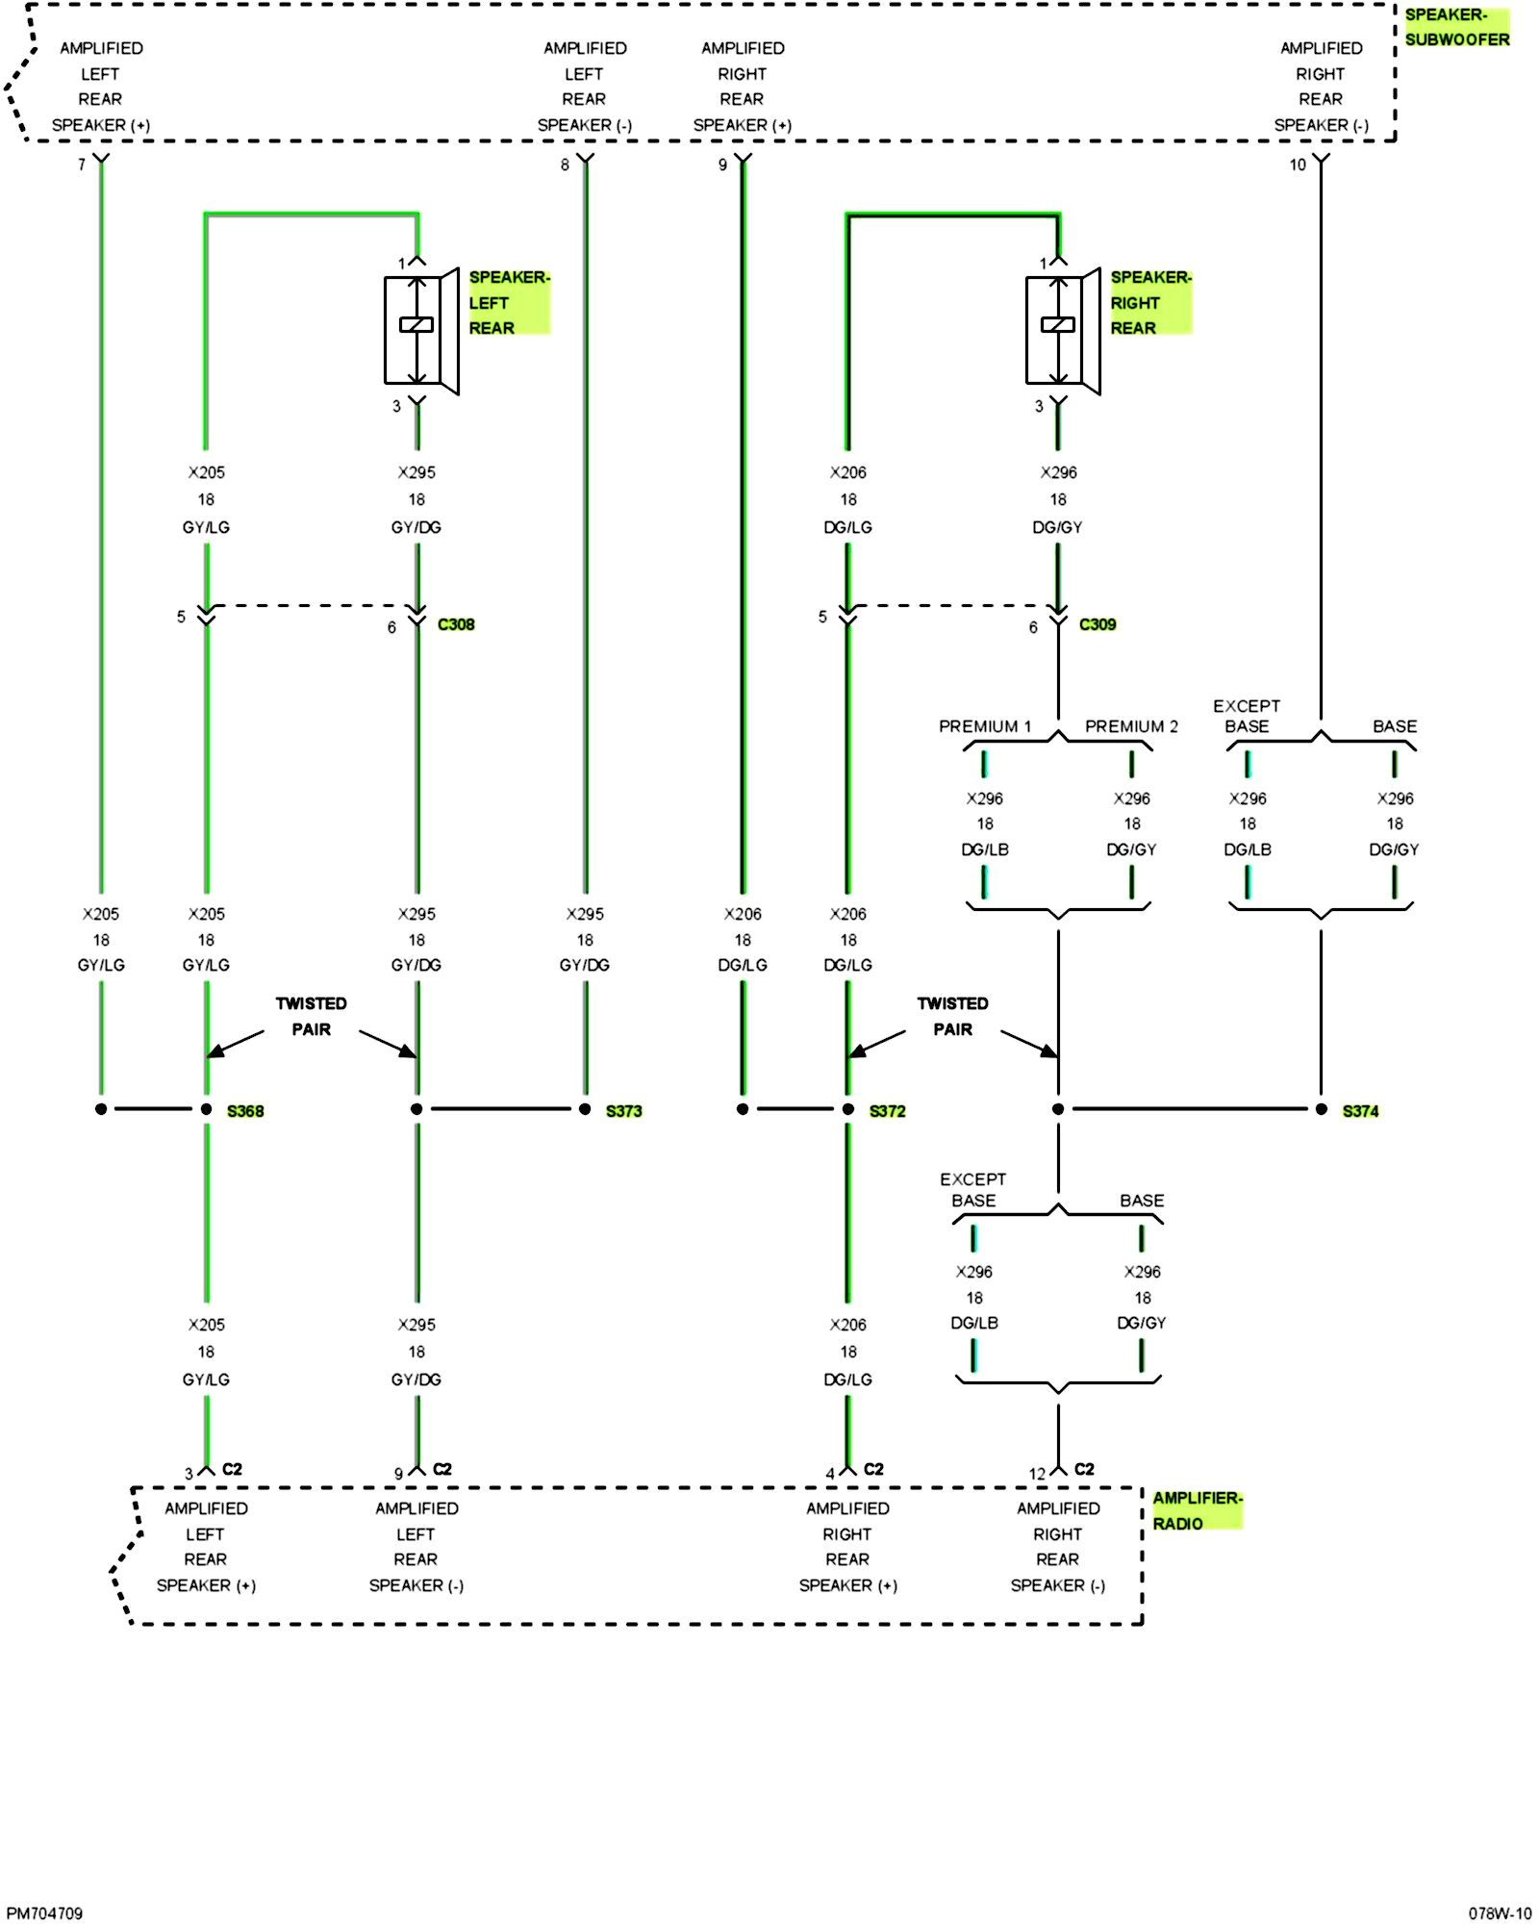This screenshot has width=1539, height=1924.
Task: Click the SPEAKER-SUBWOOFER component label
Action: pyautogui.click(x=1456, y=27)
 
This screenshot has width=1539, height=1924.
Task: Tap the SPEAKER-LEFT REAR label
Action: pyautogui.click(x=508, y=302)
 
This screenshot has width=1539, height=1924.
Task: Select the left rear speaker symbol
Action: pyautogui.click(x=421, y=330)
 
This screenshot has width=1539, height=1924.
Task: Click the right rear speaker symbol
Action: pyautogui.click(x=1063, y=330)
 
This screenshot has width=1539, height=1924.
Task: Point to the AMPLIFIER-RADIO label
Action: pyautogui.click(x=1197, y=1510)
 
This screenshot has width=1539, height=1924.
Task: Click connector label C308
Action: pyautogui.click(x=456, y=624)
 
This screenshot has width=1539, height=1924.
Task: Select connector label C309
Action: pyautogui.click(x=1097, y=624)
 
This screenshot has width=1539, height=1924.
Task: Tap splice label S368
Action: pyautogui.click(x=245, y=1111)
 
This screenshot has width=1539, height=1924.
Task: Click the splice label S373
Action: pyautogui.click(x=623, y=1111)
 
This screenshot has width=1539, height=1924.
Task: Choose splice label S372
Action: pyautogui.click(x=887, y=1111)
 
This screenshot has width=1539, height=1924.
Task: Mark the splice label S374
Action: pyautogui.click(x=1360, y=1111)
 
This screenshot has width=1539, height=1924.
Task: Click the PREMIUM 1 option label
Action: pyautogui.click(x=984, y=726)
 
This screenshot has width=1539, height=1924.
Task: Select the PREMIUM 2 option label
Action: pyautogui.click(x=1131, y=726)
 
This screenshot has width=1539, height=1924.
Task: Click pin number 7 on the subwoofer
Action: pyautogui.click(x=82, y=165)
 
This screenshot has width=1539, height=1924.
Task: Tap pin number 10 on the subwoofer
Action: pyautogui.click(x=1298, y=165)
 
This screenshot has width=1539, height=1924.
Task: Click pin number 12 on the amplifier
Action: pyautogui.click(x=1037, y=1474)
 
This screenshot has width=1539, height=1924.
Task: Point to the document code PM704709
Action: pyautogui.click(x=44, y=1913)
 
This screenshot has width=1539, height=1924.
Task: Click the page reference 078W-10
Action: pyautogui.click(x=1500, y=1913)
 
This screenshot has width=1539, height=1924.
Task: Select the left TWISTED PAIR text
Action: pyautogui.click(x=311, y=1016)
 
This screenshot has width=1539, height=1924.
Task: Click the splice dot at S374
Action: pyautogui.click(x=1321, y=1109)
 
